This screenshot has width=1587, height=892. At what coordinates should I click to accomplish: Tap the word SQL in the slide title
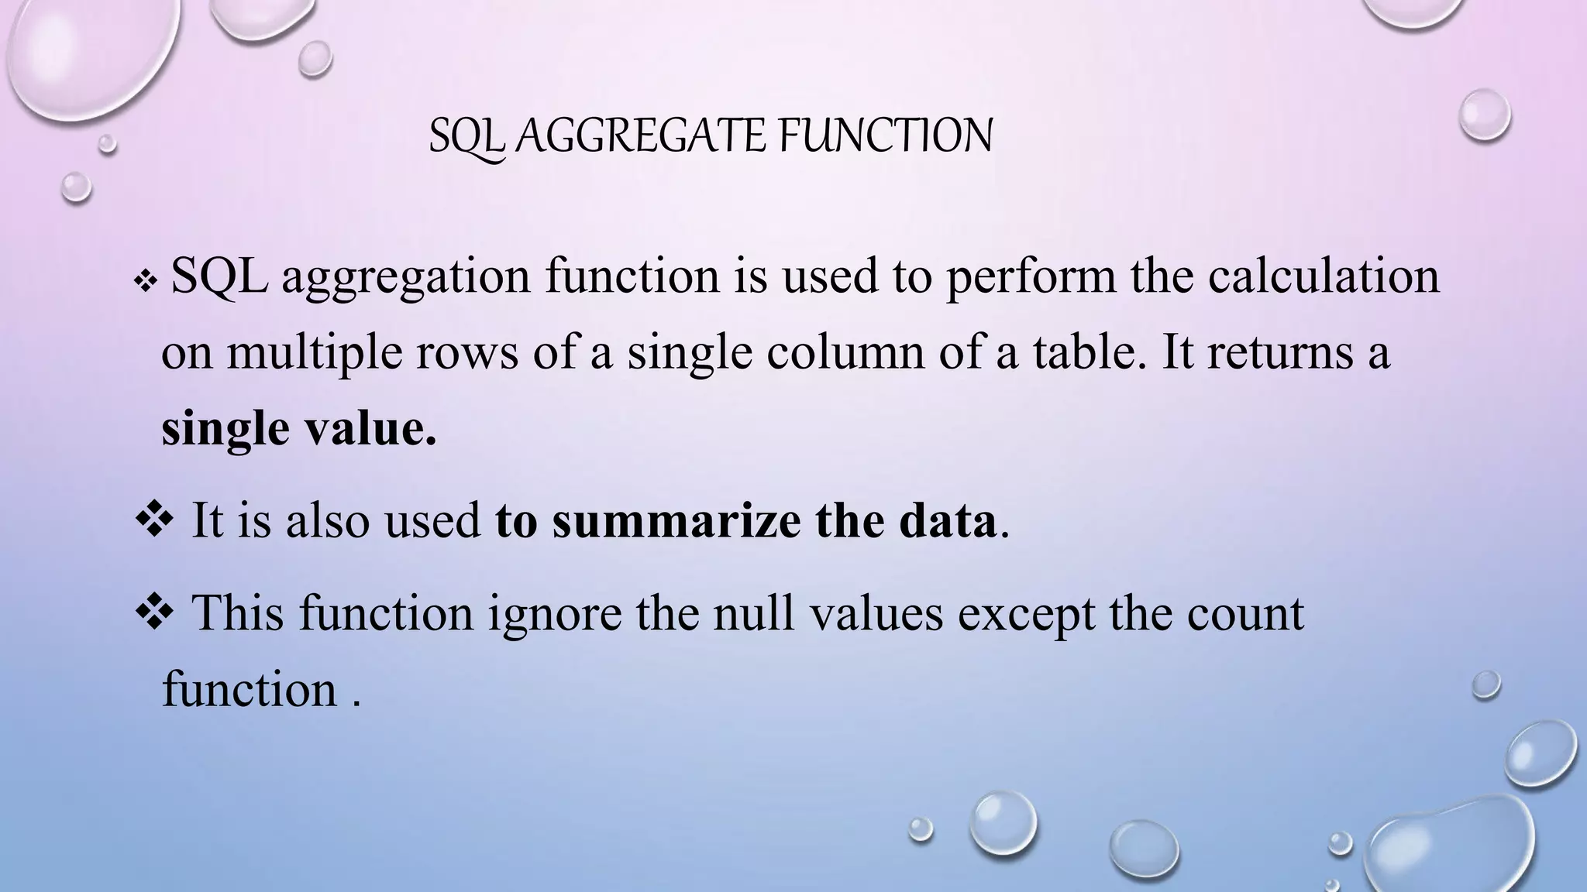pos(467,138)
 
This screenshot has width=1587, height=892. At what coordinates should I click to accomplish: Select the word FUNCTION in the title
pos(885,136)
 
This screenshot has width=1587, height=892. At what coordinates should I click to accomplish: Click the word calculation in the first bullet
pos(1324,276)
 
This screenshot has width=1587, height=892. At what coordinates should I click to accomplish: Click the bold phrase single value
pos(299,429)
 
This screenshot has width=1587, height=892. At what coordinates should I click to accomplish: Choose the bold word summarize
pos(676,520)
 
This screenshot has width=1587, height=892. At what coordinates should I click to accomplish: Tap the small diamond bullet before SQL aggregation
pos(146,283)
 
